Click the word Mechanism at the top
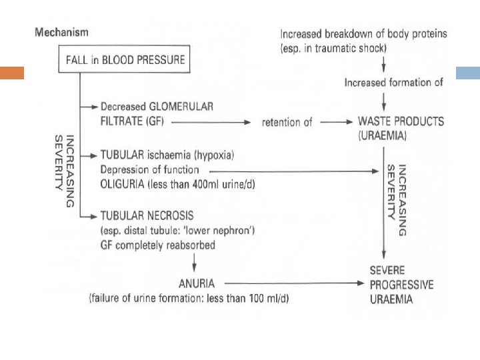pyautogui.click(x=61, y=31)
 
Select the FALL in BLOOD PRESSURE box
pyautogui.click(x=125, y=60)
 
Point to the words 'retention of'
pyautogui.click(x=287, y=123)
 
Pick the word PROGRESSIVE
pyautogui.click(x=401, y=285)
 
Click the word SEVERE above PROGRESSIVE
pyautogui.click(x=388, y=270)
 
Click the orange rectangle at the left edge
pyautogui.click(x=11, y=73)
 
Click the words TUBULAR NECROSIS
pyautogui.click(x=147, y=216)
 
